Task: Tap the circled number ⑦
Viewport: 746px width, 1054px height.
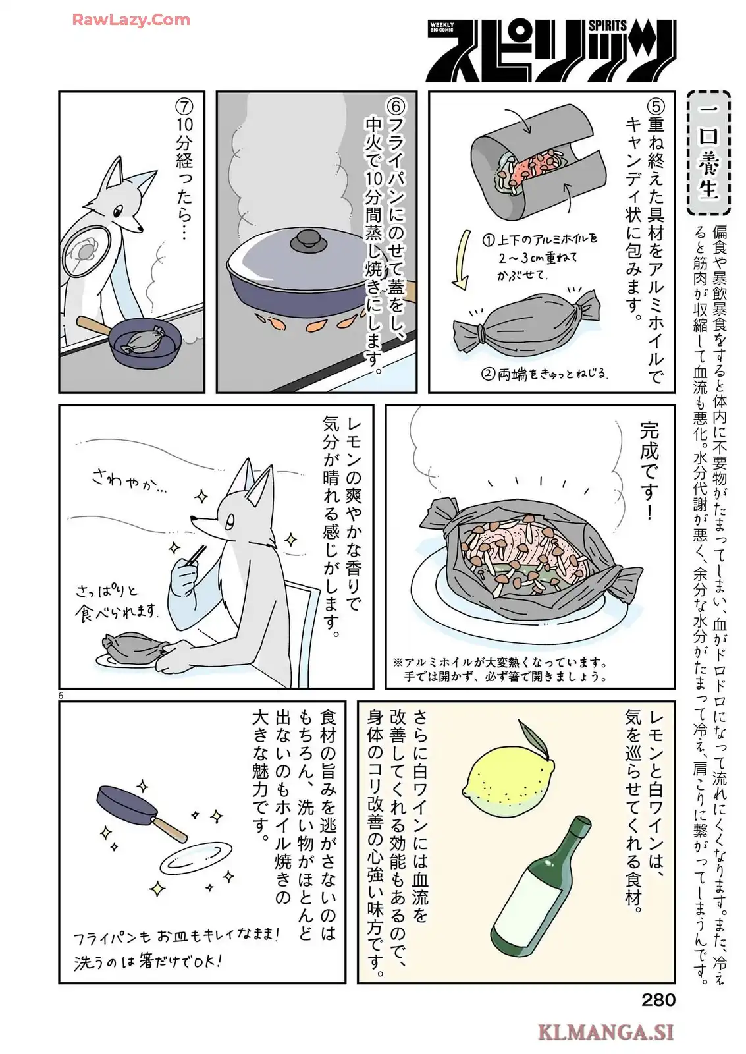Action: point(184,107)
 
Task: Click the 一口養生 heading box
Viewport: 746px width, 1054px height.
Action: point(708,153)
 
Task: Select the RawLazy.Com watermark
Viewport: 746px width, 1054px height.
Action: point(131,20)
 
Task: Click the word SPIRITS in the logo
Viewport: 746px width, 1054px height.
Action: point(608,26)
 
